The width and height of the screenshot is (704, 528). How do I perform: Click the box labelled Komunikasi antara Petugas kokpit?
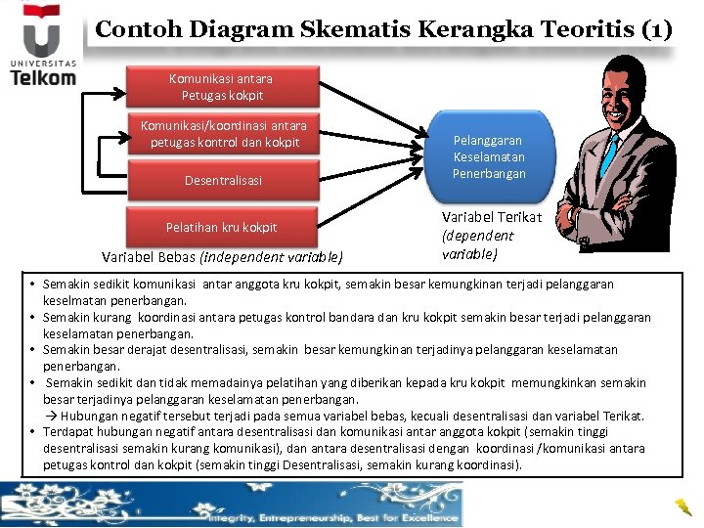pos(222,87)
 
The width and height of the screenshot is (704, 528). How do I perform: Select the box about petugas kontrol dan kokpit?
pos(224,135)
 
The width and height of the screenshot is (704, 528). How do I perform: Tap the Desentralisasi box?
pos(224,181)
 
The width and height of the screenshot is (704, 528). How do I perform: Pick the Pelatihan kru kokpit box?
pos(222,227)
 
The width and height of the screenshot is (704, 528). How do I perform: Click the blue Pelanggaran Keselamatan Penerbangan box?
pos(489,157)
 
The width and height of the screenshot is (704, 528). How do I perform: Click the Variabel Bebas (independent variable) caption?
pos(223,258)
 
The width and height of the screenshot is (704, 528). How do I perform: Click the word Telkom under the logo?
pos(43,78)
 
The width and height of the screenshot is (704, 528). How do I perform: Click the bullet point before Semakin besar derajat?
pos(33,349)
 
